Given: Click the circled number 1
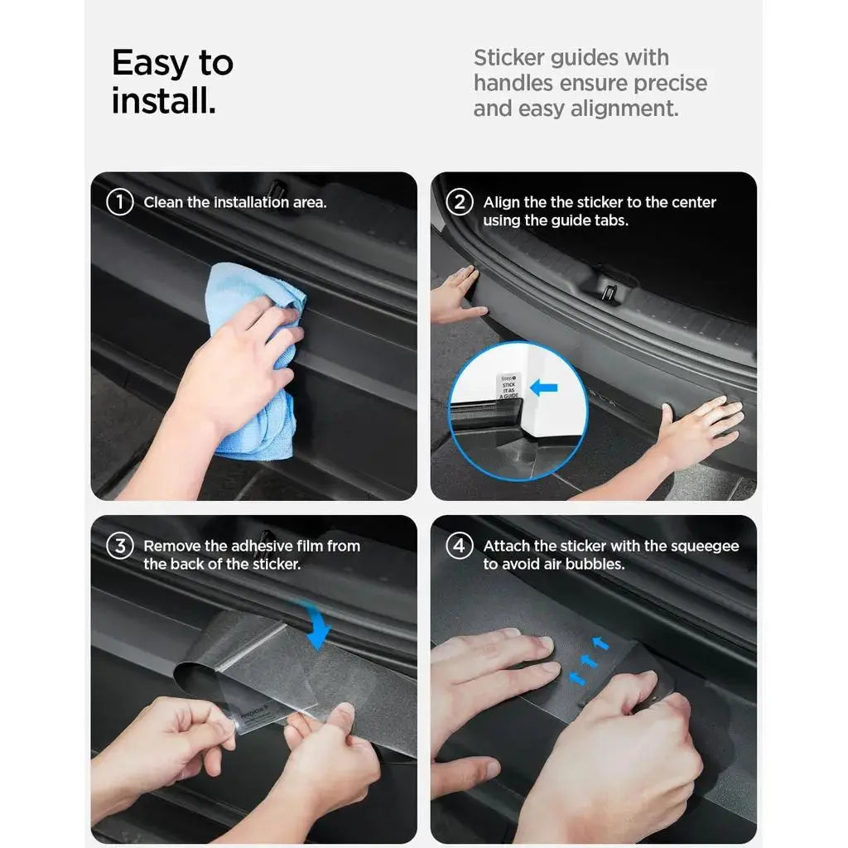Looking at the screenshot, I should pos(120,202).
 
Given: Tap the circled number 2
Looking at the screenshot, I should pos(460,202).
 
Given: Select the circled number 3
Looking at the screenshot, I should pos(120,546).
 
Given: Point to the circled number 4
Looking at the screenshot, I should pos(460,546).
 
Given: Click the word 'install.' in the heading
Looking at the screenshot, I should pos(164,101).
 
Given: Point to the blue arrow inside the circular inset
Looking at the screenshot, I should pos(543,387).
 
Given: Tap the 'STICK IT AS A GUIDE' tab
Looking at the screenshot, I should pos(508,388).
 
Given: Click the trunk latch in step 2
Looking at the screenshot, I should pos(609,290).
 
